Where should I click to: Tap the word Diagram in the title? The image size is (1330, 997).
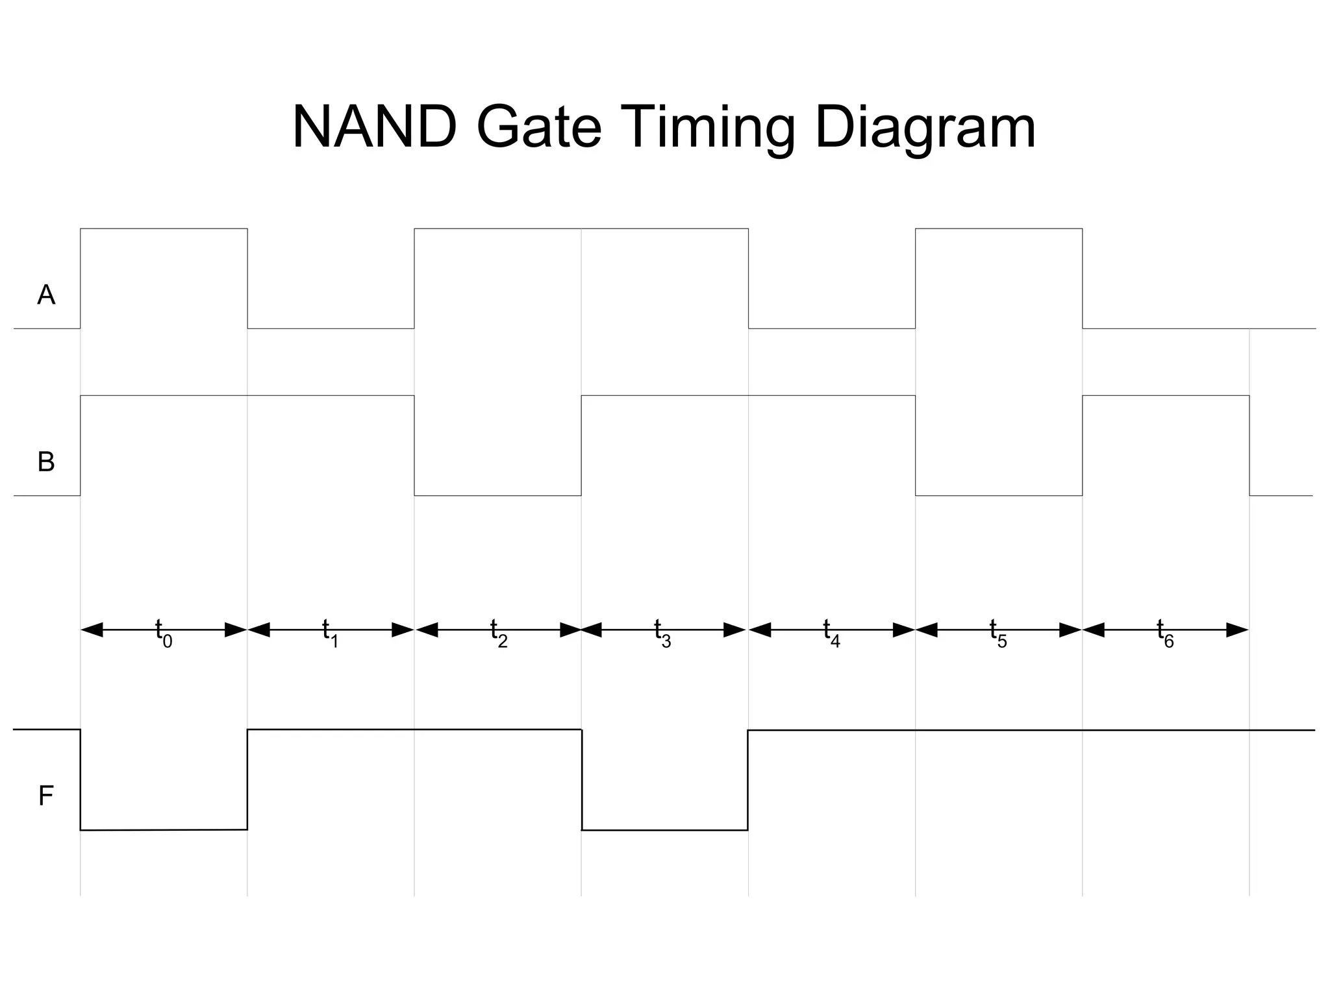tap(925, 129)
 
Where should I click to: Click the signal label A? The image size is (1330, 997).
tap(46, 295)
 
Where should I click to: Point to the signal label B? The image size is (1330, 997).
tap(46, 462)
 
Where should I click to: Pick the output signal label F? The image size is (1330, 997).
tap(45, 796)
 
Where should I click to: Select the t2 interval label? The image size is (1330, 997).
tap(498, 632)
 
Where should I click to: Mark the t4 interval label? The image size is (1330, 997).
tap(831, 632)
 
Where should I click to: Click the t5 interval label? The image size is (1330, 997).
tap(998, 632)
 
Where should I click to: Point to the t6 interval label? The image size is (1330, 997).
tap(1165, 632)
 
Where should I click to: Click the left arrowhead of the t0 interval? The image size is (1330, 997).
tap(92, 630)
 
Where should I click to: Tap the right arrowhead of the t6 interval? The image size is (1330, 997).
tap(1237, 630)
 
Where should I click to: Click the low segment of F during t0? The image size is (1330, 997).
tap(164, 830)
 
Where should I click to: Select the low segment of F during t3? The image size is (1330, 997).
tap(664, 830)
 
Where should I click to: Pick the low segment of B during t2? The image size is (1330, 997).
tap(497, 495)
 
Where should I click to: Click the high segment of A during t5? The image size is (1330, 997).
tap(999, 228)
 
